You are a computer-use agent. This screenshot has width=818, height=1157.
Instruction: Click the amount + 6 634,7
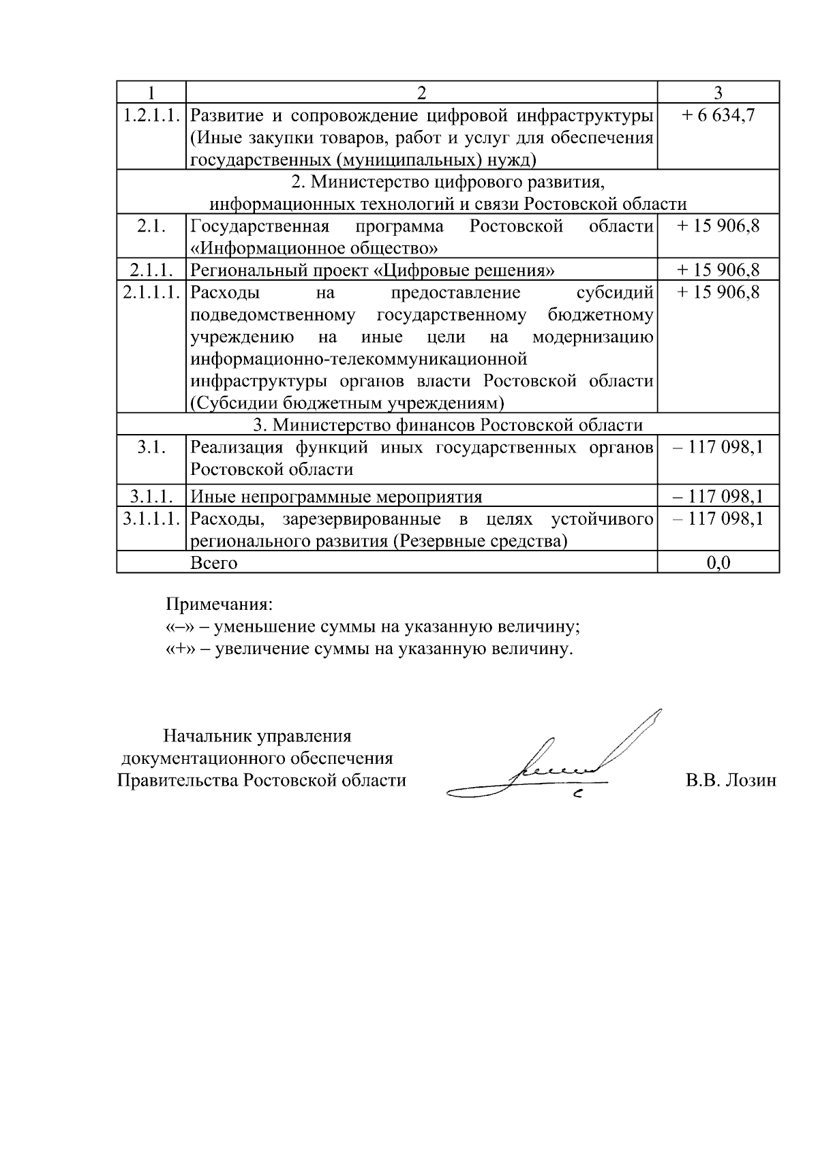point(718,115)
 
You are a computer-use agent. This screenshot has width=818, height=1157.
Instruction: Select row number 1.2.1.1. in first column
point(151,115)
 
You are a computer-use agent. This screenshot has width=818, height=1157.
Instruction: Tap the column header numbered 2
point(421,93)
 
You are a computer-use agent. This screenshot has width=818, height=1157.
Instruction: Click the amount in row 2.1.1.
point(718,270)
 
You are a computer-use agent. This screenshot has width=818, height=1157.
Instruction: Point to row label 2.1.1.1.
point(151,292)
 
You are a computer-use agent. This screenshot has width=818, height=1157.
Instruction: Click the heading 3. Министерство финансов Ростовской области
point(448,425)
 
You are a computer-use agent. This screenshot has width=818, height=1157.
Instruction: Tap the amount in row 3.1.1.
point(718,497)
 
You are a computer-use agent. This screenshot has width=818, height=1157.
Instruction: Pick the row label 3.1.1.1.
point(151,519)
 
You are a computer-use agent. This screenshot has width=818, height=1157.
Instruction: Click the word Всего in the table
point(213,563)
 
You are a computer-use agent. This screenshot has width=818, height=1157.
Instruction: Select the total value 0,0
point(718,563)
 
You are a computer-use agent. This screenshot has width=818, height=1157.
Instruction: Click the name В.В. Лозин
point(730,781)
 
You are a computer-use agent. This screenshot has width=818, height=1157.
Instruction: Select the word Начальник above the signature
point(208,736)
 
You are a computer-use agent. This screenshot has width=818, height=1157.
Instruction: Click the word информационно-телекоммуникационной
point(359,358)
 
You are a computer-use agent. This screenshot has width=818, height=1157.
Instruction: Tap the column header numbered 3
point(718,93)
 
